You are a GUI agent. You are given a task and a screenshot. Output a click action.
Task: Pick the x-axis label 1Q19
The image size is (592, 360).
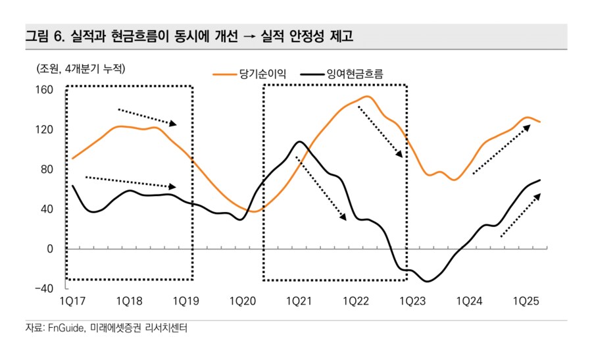click(x=186, y=301)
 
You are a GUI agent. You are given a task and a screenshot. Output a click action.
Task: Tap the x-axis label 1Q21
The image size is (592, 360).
click(x=300, y=301)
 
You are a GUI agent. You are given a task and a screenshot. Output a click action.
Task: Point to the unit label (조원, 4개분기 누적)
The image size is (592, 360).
click(x=76, y=68)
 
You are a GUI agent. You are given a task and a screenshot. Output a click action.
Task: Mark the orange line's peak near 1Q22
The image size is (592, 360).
click(x=366, y=97)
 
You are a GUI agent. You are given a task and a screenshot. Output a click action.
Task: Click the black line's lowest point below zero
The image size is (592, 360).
click(x=428, y=281)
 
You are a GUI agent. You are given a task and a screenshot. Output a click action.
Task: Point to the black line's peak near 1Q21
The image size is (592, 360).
click(x=299, y=141)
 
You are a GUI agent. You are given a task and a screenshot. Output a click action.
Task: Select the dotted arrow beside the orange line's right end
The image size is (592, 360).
click(x=501, y=149)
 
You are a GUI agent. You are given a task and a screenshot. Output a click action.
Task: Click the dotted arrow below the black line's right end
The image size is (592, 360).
click(x=520, y=215)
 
